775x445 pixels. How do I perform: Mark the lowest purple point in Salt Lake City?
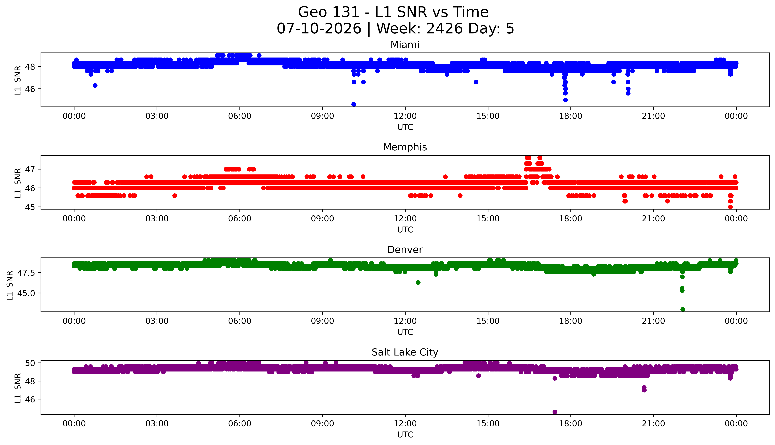555,412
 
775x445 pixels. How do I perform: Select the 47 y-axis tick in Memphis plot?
31,169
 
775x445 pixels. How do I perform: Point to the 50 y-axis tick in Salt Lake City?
31,363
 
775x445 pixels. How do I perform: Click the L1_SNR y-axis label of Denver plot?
10,285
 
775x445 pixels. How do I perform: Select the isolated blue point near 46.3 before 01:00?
95,85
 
